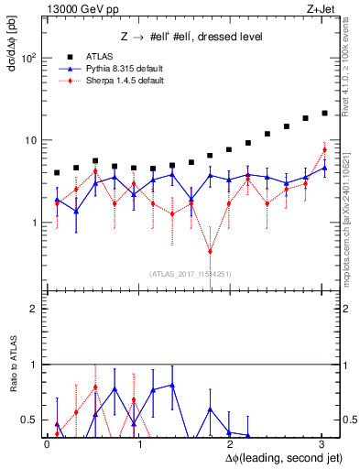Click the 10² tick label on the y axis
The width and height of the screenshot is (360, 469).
click(x=28, y=58)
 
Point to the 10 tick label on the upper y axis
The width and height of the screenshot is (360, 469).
click(x=28, y=140)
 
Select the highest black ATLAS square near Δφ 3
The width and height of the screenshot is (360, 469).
click(x=324, y=113)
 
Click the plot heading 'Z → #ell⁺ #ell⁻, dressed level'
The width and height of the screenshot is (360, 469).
click(x=192, y=37)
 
